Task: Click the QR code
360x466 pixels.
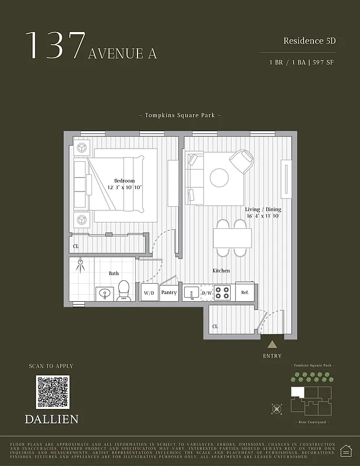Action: tap(52, 392)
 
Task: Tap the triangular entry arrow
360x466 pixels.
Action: tap(272, 345)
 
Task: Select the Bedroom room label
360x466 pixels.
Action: tap(124, 181)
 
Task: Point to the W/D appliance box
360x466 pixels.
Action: tap(149, 292)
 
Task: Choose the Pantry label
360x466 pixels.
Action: tap(169, 292)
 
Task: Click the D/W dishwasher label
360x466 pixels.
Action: tap(207, 292)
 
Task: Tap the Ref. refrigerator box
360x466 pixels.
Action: tap(245, 292)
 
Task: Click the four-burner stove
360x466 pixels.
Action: tap(223, 292)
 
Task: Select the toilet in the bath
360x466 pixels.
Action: tap(124, 290)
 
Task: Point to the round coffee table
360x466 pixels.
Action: tap(219, 178)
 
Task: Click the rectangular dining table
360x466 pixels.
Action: tap(232, 238)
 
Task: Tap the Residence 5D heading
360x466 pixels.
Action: tap(310, 41)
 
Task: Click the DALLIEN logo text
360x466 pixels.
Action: tap(52, 419)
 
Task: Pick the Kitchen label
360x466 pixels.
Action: tap(221, 271)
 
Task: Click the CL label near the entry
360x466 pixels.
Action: tap(215, 327)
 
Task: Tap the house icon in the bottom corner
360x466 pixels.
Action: tap(345, 450)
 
